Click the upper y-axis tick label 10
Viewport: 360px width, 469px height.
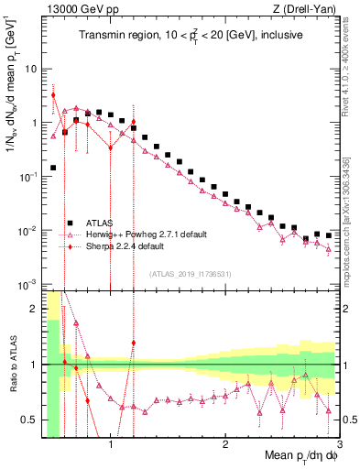31,70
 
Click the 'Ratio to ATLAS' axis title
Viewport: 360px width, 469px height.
11,385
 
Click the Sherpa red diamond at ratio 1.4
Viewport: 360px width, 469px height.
133,343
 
